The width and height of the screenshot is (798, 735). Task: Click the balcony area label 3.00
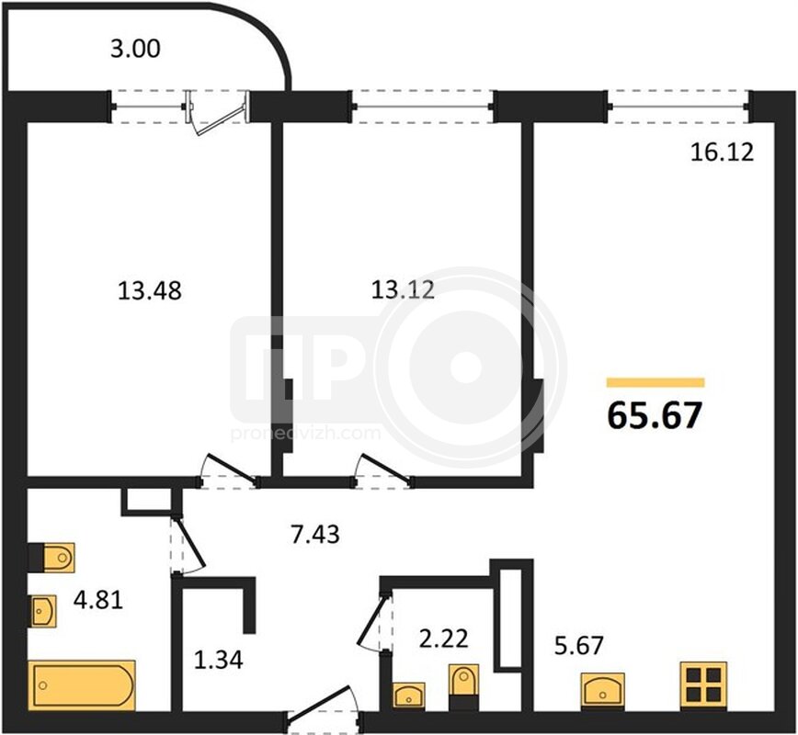[135, 49]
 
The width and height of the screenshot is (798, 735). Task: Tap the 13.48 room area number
[150, 291]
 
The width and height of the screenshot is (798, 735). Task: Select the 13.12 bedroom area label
[403, 290]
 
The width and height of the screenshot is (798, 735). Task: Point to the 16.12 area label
[722, 153]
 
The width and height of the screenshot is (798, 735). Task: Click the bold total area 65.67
[655, 415]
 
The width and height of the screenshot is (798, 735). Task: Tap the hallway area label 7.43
[315, 535]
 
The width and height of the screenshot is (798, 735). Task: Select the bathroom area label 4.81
[98, 600]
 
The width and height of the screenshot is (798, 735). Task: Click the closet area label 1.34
[219, 660]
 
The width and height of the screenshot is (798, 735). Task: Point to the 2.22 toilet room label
[444, 639]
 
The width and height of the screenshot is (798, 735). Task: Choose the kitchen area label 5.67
[578, 646]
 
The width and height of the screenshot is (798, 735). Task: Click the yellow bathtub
[82, 685]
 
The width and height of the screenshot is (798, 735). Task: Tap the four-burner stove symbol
[704, 684]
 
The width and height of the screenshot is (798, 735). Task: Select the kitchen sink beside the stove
[603, 691]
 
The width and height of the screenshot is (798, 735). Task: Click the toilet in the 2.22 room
[463, 686]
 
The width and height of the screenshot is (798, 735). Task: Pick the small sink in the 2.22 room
[409, 695]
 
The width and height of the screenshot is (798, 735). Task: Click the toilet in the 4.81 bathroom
[51, 558]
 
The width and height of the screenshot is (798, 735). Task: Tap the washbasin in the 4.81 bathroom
[42, 611]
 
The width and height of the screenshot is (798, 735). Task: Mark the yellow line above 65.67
[655, 382]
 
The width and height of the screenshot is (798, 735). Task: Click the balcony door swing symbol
[217, 113]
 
